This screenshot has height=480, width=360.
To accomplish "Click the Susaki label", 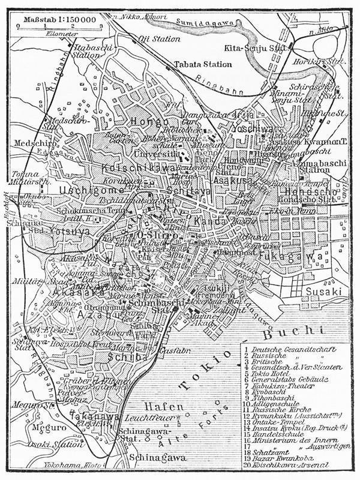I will pos(323,291).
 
